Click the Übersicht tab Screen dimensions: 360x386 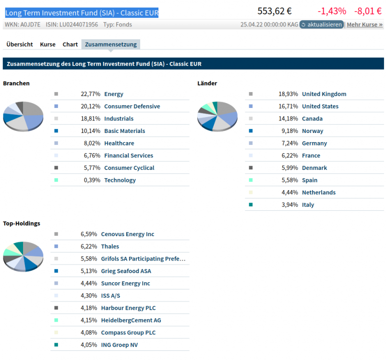click(20, 44)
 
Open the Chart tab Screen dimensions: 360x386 click(70, 44)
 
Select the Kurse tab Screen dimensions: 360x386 click(48, 44)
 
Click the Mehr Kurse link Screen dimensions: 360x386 click(364, 24)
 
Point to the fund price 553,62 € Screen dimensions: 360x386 click(274, 11)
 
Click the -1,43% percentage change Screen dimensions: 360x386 click(331, 11)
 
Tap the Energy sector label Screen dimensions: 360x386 click(114, 94)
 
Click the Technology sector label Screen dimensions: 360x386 click(120, 180)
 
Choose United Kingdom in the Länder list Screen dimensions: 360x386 click(324, 94)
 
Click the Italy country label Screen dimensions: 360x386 click(308, 205)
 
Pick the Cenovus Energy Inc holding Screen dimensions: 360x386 click(128, 234)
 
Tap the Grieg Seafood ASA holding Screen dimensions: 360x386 click(126, 271)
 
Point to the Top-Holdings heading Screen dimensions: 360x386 click(22, 223)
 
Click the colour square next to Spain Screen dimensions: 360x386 click(251, 180)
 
